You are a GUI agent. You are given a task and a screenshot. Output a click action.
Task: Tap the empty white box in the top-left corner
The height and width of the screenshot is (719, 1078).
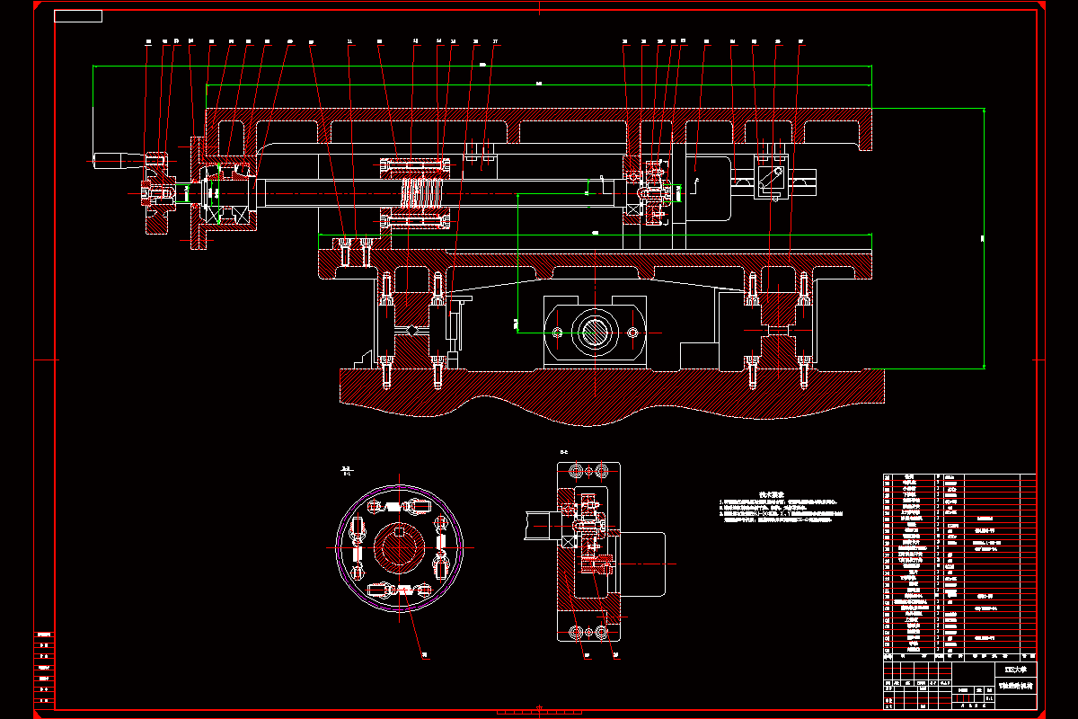78,16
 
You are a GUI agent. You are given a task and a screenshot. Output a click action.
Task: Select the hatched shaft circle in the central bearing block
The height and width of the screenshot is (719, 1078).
596,333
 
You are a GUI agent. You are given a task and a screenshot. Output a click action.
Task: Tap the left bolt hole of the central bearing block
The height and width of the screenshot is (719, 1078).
559,333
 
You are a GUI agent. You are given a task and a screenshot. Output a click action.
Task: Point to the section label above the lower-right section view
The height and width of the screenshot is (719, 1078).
564,452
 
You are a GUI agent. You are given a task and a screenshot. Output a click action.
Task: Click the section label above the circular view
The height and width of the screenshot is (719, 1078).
345,470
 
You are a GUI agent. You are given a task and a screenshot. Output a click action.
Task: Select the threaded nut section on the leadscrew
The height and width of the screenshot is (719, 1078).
422,191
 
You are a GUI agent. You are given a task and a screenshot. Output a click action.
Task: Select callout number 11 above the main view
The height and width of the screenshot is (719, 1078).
349,41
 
